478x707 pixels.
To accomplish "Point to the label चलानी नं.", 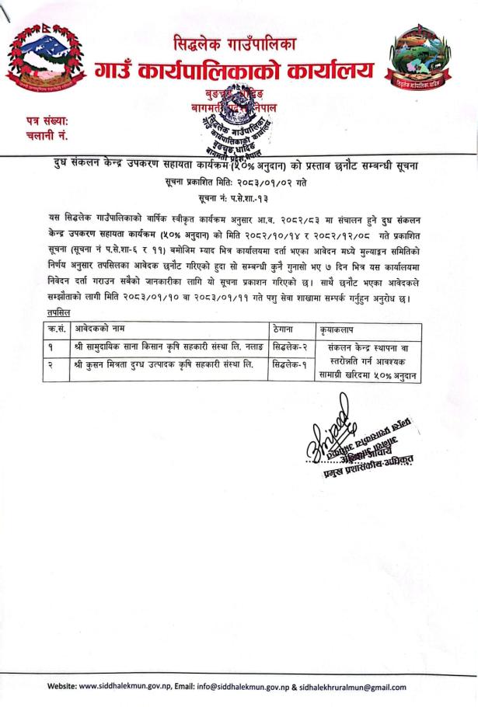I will click(x=38, y=137).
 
